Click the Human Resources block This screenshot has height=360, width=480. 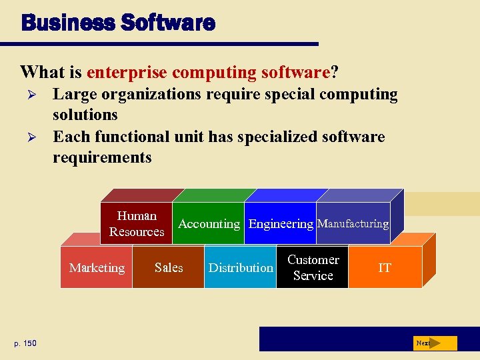click(137, 223)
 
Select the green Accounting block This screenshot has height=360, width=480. click(209, 224)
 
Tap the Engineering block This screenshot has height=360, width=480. click(281, 224)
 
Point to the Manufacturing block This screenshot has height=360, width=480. click(353, 224)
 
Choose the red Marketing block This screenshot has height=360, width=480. click(97, 268)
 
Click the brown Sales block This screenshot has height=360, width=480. click(168, 268)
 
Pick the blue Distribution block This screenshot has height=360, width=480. click(240, 268)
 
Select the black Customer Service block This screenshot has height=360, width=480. click(313, 268)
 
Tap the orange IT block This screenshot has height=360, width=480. click(385, 268)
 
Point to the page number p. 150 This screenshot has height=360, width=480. click(27, 343)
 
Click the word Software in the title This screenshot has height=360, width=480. click(168, 23)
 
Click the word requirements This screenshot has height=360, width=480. click(102, 158)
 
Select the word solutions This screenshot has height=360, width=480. click(85, 115)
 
